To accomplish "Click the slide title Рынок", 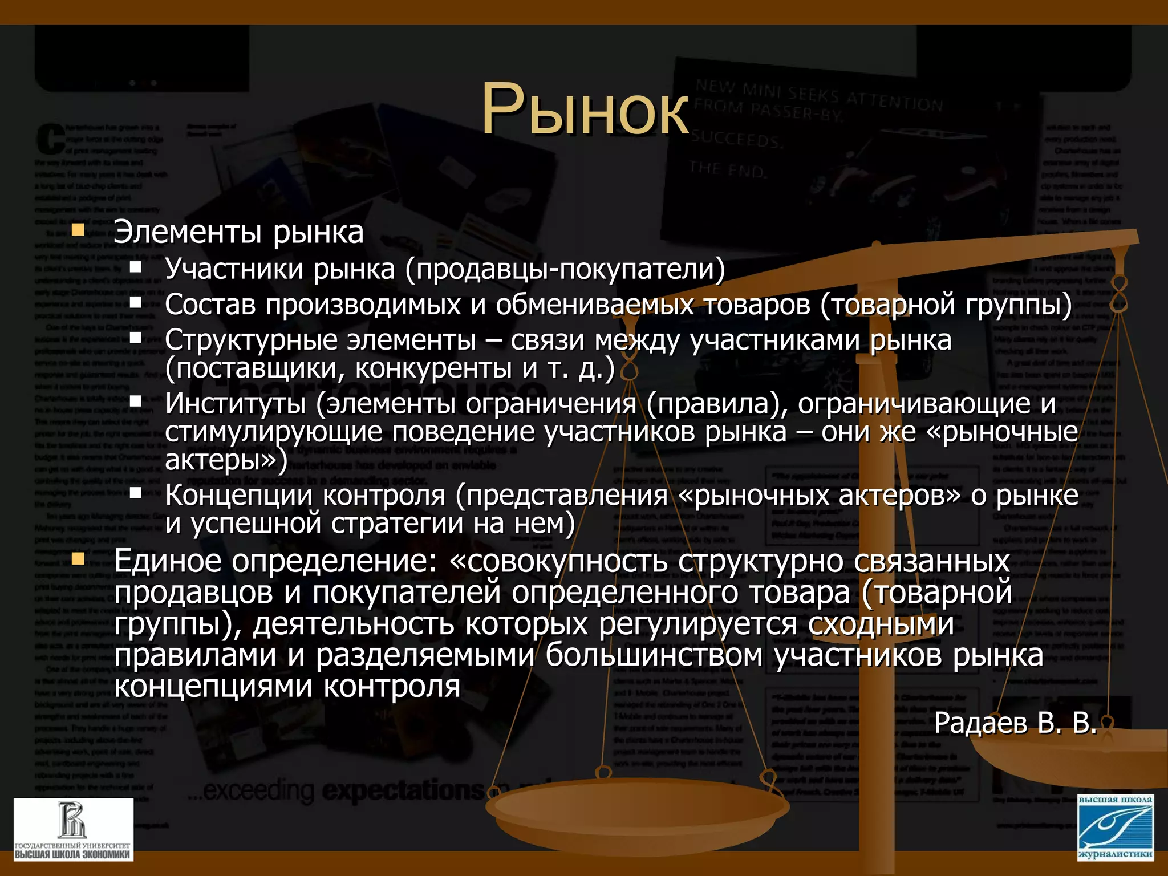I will click(585, 108).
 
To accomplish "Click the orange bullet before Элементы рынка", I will click(78, 231).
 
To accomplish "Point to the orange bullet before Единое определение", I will click(78, 559).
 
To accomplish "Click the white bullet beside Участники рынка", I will click(135, 267).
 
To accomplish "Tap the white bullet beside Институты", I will click(135, 401).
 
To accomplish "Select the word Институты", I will click(235, 404).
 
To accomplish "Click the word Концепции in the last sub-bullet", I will click(238, 495).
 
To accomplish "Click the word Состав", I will click(210, 305).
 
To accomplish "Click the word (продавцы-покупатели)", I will click(565, 269).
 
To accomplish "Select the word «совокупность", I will click(558, 561).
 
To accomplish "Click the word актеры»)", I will click(226, 460).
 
